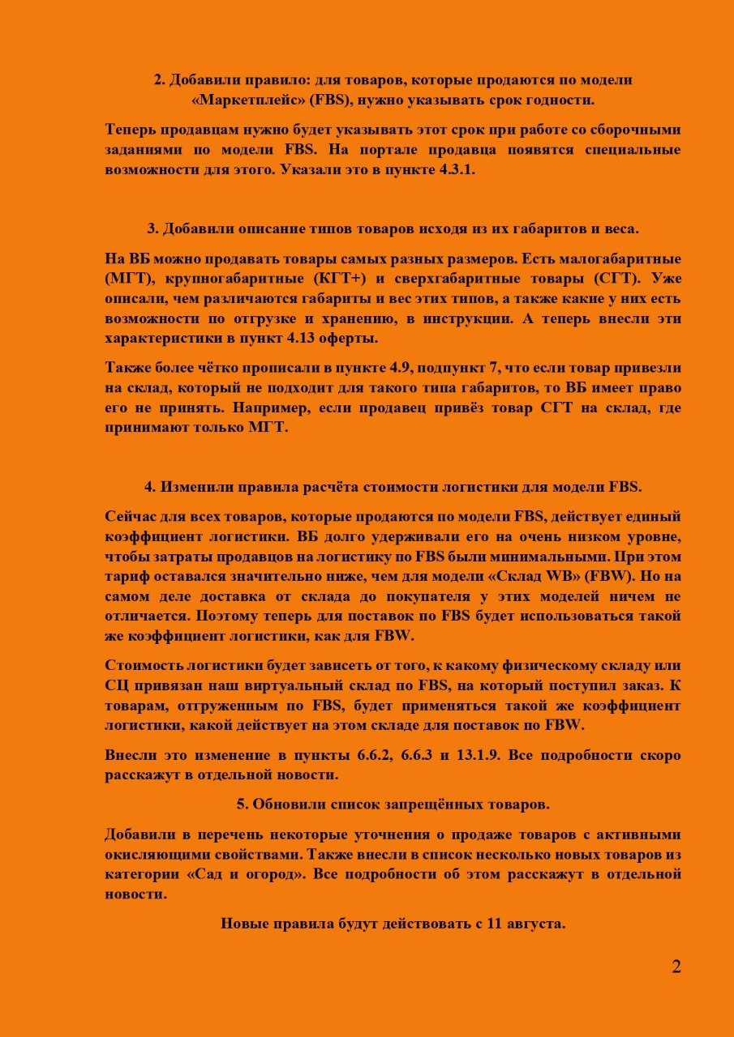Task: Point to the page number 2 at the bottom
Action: [676, 967]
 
